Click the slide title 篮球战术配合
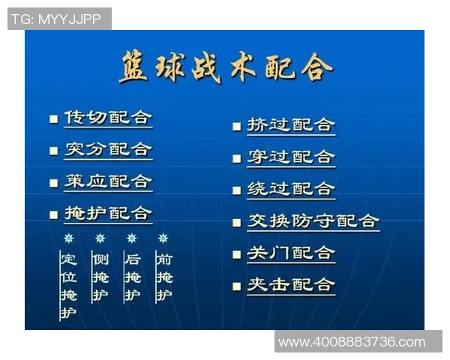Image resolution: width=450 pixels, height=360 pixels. click(225, 68)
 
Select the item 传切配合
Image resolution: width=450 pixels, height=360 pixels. click(108, 118)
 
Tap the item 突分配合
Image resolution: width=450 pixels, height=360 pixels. click(108, 150)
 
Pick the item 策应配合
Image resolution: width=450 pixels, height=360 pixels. click(108, 182)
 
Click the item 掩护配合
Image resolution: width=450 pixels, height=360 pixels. click(108, 214)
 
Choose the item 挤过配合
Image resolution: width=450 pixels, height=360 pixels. click(291, 125)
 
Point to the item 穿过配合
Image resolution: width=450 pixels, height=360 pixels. click(291, 157)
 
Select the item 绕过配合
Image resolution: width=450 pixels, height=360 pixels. click(291, 189)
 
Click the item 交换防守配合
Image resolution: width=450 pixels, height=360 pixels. click(313, 221)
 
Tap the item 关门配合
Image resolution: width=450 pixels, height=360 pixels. click(291, 253)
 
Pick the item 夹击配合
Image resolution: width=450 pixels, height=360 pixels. click(291, 285)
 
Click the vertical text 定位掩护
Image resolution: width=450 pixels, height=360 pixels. click(69, 286)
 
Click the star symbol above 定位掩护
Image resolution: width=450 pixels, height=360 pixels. click(68, 238)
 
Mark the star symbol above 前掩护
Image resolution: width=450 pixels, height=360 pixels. click(163, 238)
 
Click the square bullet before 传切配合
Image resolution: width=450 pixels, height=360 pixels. click(53, 119)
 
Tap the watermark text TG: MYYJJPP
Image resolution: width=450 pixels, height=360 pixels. click(58, 19)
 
